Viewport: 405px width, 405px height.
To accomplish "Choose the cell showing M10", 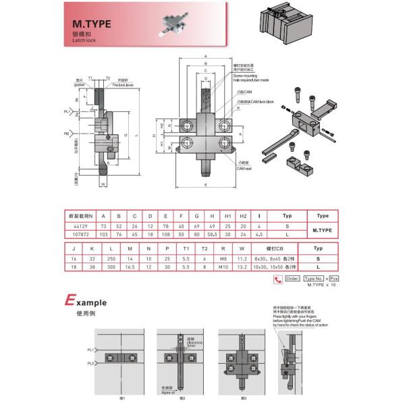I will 223,268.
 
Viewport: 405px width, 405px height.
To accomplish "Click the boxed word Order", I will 292,278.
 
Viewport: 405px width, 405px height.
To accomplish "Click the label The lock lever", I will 124,85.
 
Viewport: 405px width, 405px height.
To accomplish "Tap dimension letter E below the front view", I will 205,184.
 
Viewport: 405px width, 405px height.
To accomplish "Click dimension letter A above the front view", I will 205,58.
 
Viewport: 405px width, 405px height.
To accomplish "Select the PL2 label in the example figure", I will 90,364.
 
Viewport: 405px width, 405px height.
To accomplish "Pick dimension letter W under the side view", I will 103,183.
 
